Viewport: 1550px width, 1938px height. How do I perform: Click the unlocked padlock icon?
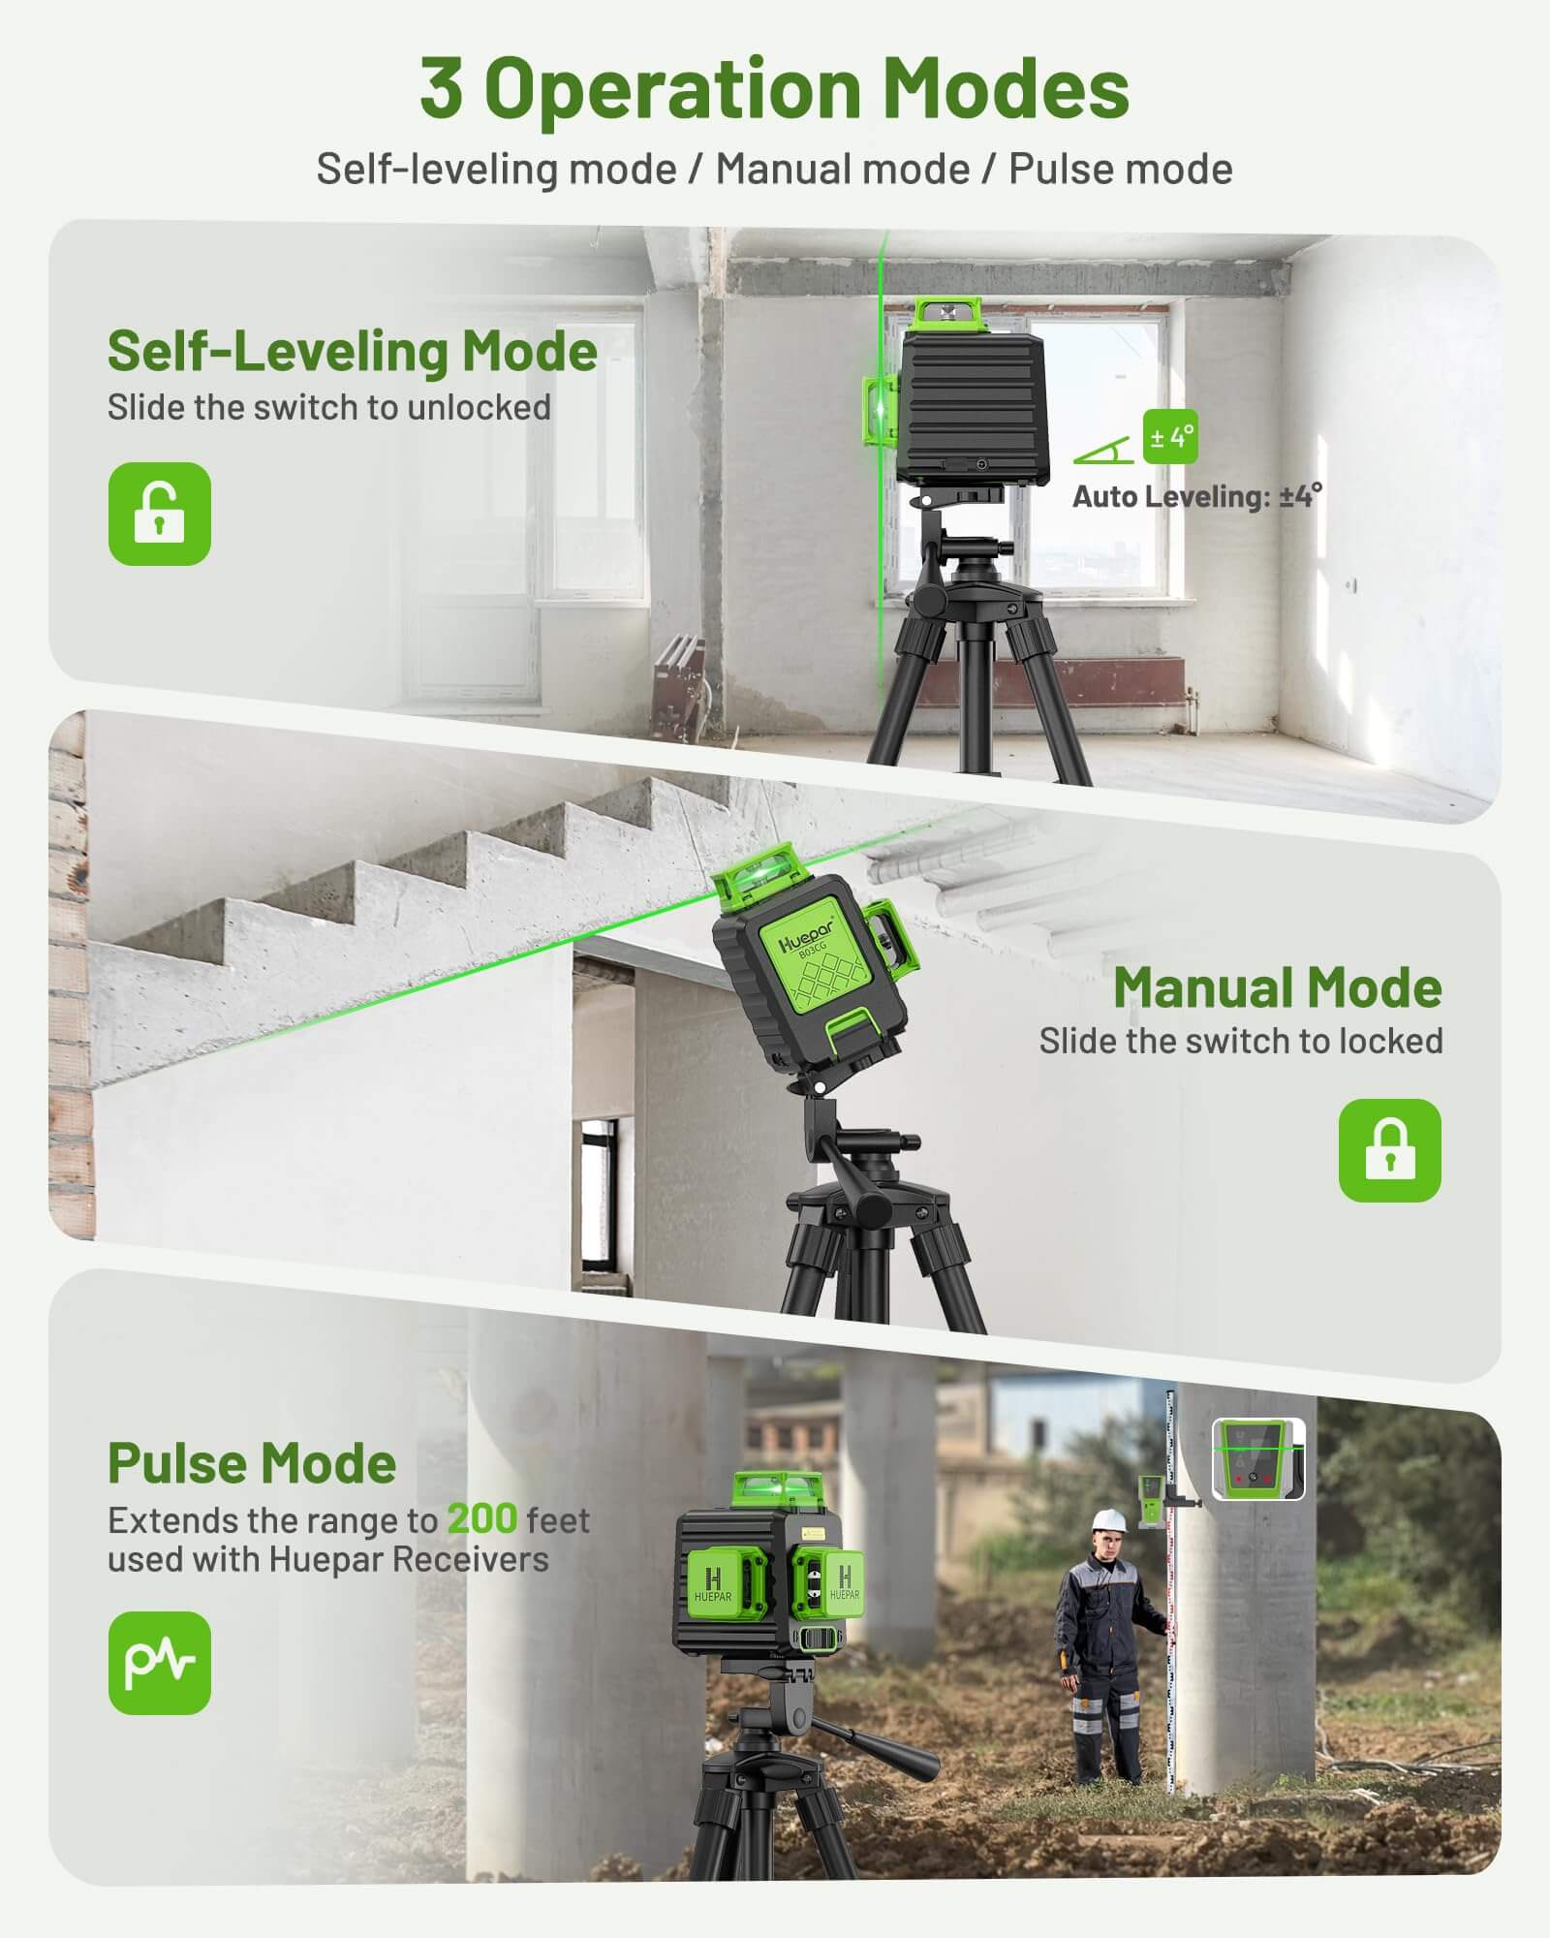(x=159, y=514)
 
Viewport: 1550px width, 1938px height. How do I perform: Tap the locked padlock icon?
(x=1389, y=1150)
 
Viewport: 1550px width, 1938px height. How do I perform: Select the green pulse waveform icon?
(x=159, y=1663)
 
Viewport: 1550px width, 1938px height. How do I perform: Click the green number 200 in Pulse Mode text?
(x=481, y=1519)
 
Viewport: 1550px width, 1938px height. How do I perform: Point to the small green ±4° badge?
(x=1169, y=437)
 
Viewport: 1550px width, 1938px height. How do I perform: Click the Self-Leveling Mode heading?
(x=352, y=351)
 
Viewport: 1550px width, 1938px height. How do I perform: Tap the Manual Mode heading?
(x=1277, y=987)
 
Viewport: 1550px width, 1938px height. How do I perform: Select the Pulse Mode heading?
(x=252, y=1463)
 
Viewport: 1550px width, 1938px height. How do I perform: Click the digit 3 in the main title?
(x=441, y=89)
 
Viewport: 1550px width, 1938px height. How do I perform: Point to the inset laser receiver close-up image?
(x=1258, y=1460)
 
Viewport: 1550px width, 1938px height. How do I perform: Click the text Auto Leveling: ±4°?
(x=1196, y=497)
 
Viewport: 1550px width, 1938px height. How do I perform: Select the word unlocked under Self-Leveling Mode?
(x=479, y=407)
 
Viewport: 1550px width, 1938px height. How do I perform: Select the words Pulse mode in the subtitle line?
(x=1120, y=170)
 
